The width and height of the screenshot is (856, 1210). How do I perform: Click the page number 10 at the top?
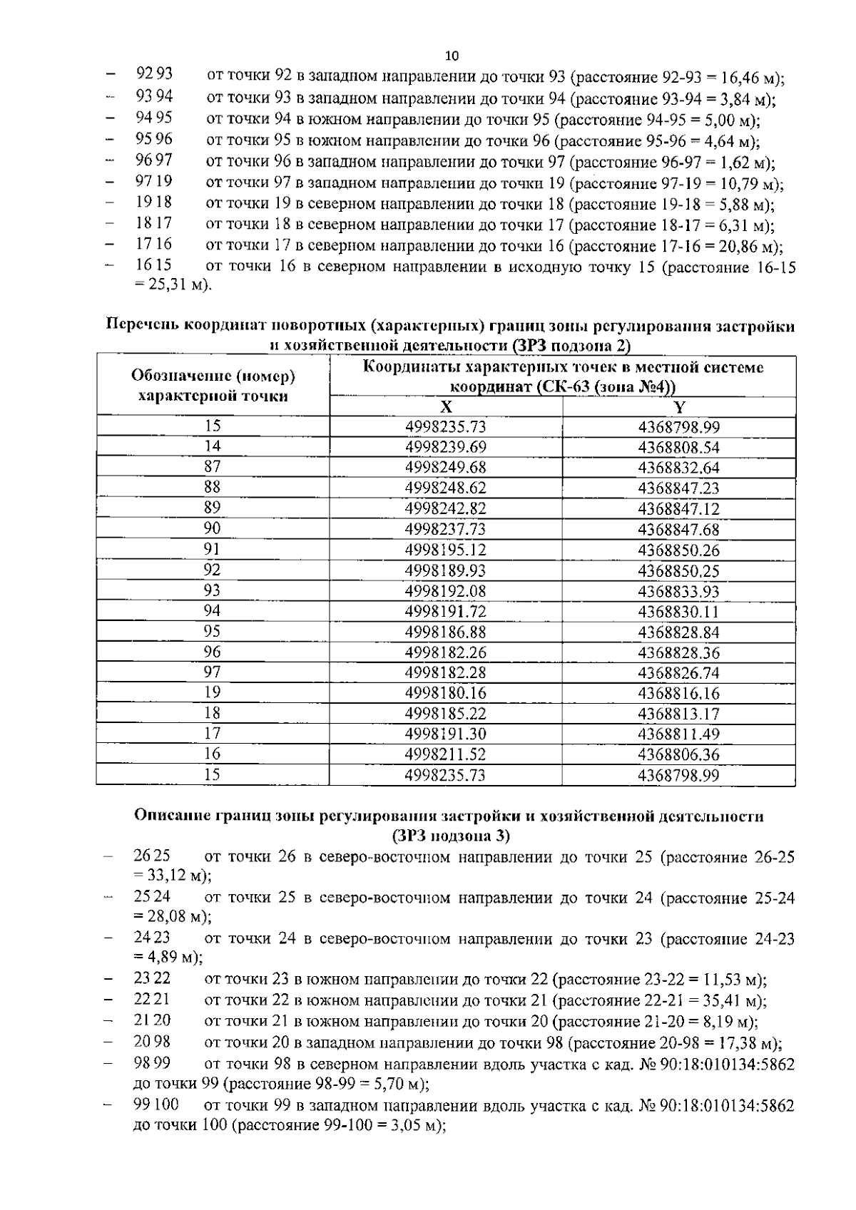click(452, 56)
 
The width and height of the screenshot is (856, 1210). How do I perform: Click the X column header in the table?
click(446, 407)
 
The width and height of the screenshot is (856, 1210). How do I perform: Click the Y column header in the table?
click(679, 407)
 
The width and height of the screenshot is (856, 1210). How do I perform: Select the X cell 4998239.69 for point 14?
click(446, 447)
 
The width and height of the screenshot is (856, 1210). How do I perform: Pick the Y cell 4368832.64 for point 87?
click(679, 468)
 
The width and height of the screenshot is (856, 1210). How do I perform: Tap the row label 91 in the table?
click(213, 549)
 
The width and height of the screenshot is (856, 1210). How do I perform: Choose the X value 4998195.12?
click(446, 550)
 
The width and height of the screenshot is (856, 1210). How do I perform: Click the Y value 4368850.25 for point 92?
click(679, 570)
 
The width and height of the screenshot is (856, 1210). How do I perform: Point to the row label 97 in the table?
click(213, 672)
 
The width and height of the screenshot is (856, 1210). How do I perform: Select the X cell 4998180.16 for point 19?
click(446, 693)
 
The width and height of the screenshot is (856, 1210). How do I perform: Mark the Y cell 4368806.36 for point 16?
click(679, 754)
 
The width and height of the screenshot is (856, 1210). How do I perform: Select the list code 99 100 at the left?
click(156, 1106)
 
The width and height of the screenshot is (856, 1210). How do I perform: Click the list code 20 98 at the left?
click(152, 1043)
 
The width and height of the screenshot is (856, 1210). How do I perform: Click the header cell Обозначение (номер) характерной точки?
click(213, 386)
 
